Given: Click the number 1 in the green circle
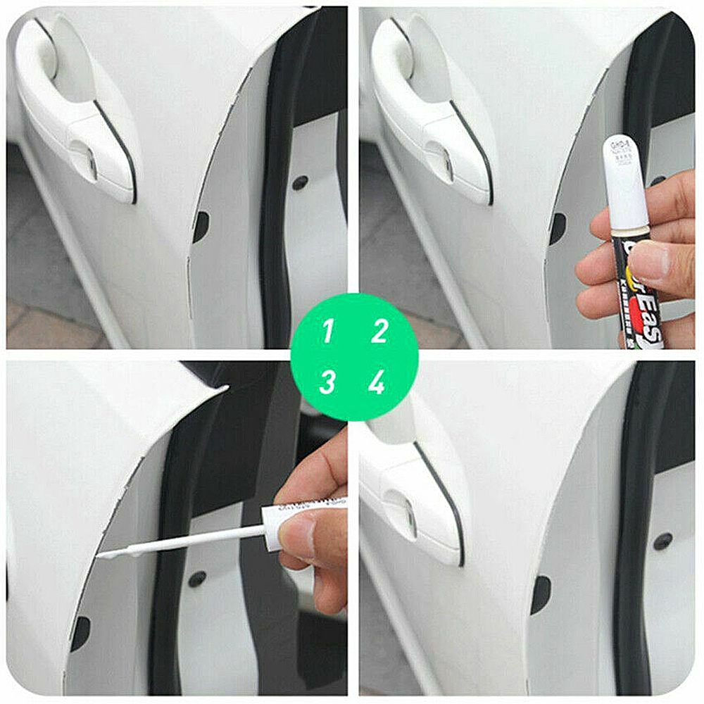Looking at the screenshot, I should tap(327, 330).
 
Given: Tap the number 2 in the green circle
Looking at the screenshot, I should tap(379, 330).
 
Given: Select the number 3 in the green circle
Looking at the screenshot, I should tap(327, 382).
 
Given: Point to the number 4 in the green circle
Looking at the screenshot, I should tap(377, 382).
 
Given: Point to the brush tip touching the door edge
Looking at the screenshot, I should tap(102, 555).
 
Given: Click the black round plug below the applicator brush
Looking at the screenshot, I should tap(198, 579).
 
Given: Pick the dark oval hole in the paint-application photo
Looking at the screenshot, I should tap(80, 634).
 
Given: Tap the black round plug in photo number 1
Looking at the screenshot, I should tap(301, 182).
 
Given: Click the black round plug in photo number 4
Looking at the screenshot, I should tap(662, 541).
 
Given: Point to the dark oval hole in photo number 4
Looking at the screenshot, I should tap(541, 595).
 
